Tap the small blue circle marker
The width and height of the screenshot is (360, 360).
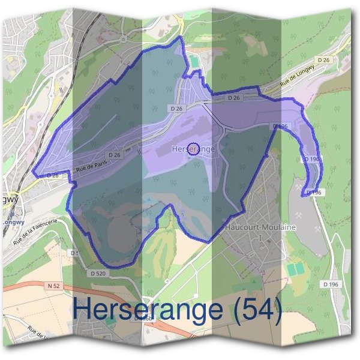193,149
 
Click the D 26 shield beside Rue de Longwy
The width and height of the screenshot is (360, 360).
323,59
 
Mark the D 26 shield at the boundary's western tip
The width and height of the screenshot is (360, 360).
53,175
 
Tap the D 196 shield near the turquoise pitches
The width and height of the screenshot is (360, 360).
329,284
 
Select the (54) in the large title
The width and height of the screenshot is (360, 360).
257,310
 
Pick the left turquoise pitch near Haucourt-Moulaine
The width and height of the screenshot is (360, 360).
291,270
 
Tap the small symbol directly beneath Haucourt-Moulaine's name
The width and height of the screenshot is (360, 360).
260,238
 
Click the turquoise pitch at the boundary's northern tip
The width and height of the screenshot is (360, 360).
194,61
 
